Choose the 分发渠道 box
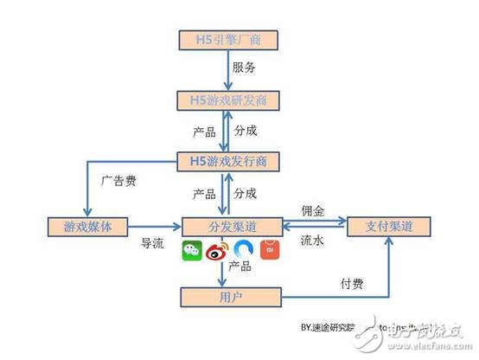[233, 227]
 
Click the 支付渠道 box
[386, 227]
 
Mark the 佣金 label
[313, 211]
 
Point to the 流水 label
[312, 242]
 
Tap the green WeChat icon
[191, 252]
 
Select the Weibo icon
[216, 252]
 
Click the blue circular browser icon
[245, 250]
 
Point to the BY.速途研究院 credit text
[335, 330]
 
